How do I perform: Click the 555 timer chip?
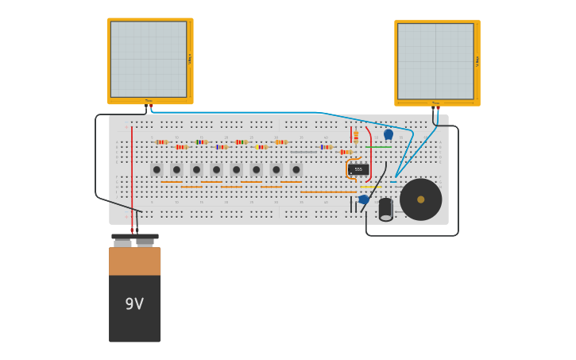358,169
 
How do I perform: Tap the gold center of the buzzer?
421,199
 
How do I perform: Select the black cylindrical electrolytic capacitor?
385,209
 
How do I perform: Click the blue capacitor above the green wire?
389,134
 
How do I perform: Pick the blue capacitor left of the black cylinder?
364,199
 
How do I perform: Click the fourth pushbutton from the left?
216,169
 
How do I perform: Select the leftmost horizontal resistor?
161,142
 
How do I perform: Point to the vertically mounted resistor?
356,136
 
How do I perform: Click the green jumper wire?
379,147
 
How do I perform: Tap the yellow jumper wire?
369,187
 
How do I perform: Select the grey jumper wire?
303,152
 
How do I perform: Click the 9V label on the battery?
134,304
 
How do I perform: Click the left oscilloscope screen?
149,60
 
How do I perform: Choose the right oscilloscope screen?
435,61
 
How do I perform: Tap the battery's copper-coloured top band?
134,261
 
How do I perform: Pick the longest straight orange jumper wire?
328,192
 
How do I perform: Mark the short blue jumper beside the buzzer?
393,182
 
